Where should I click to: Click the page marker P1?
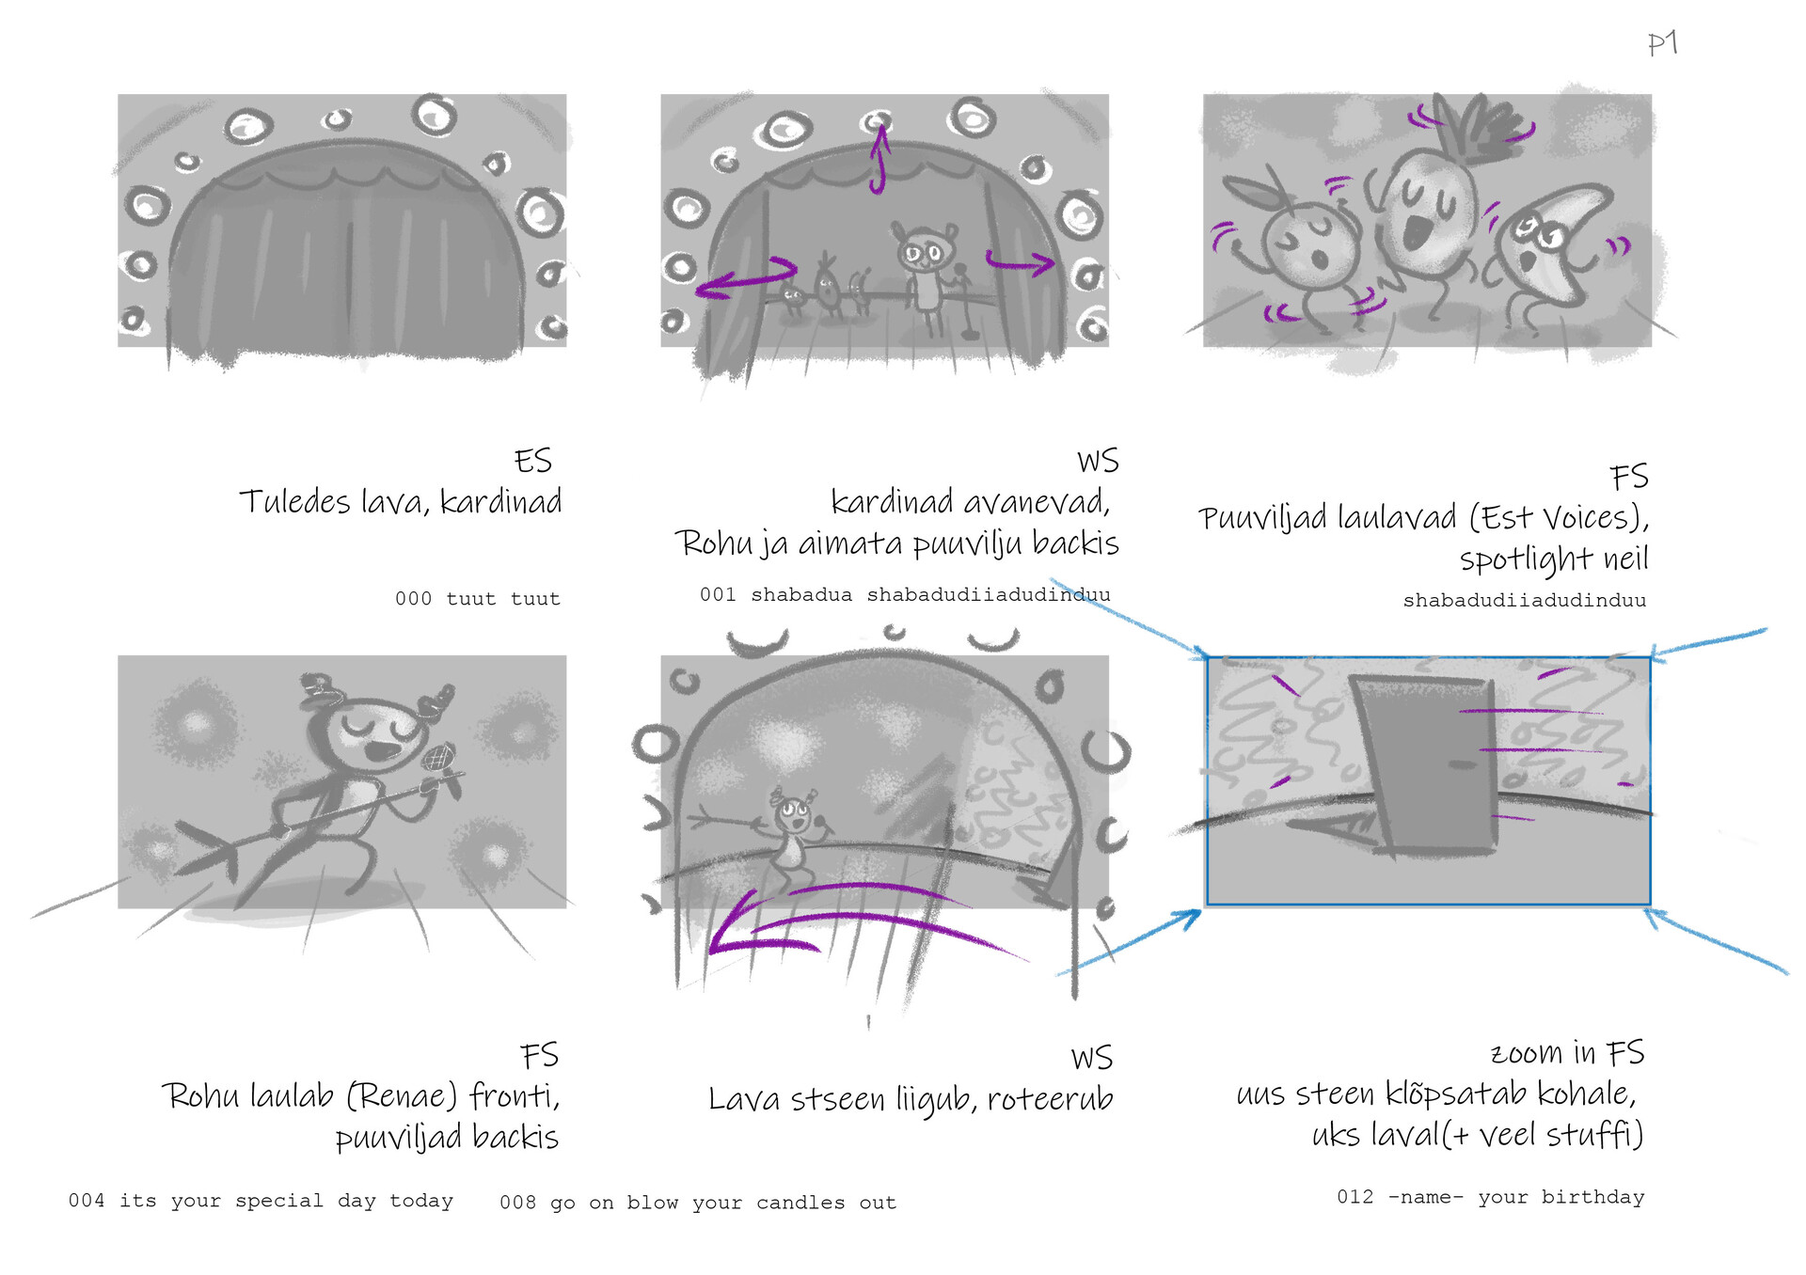pos(1662,43)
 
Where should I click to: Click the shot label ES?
pos(532,461)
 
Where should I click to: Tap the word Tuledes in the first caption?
pos(294,501)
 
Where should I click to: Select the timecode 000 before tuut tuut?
pos(413,599)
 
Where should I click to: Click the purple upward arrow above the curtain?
pos(879,158)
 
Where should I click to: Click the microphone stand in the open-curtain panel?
pos(964,301)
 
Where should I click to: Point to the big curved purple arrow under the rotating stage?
pos(847,917)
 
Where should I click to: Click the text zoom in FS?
pos(1567,1053)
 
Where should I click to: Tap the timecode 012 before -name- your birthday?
pos(1354,1197)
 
